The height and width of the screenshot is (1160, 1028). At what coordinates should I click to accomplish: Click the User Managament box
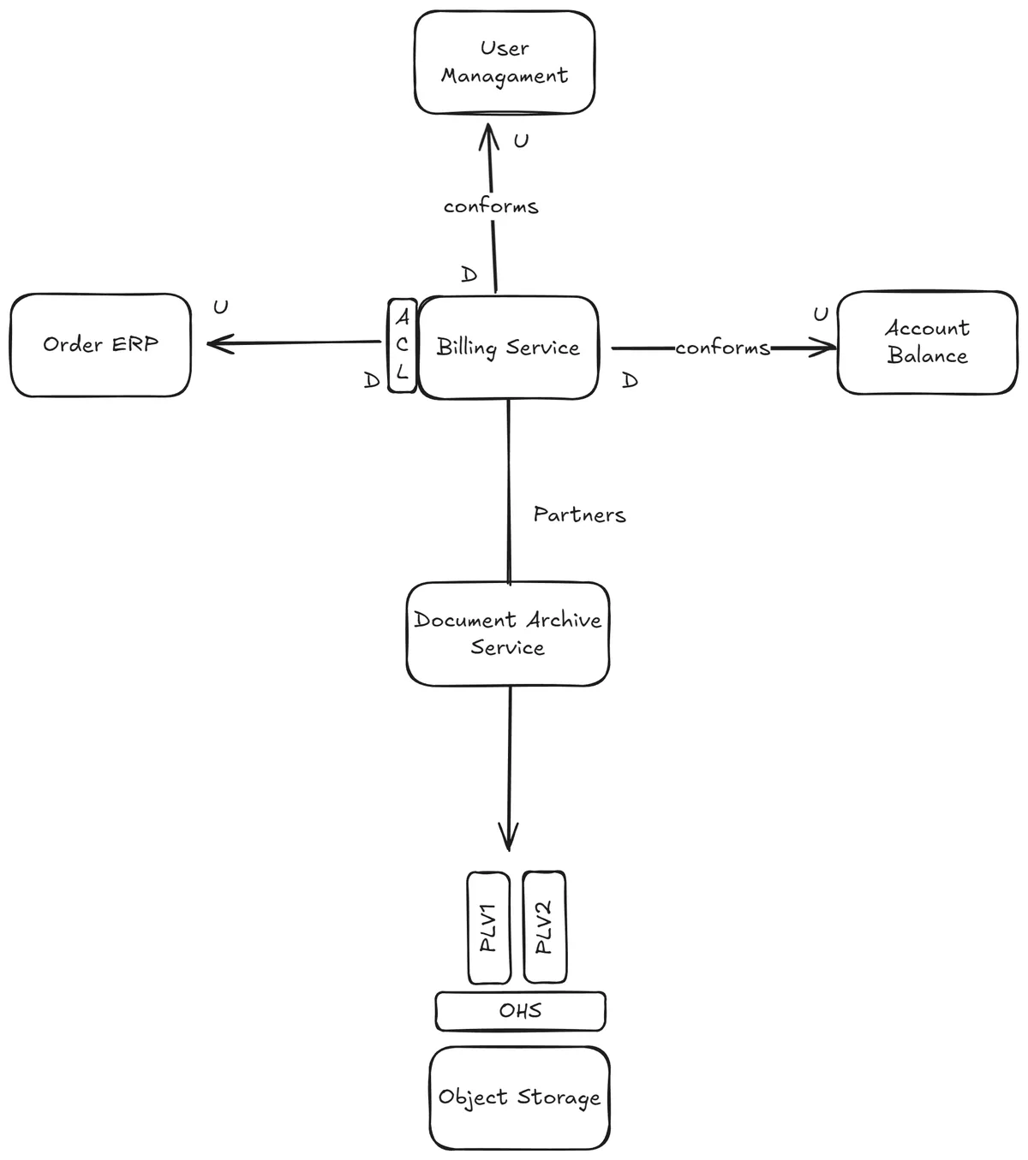click(504, 62)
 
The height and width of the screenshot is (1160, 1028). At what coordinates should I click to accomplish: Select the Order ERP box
click(100, 345)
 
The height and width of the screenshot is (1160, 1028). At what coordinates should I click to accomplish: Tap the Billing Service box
click(508, 348)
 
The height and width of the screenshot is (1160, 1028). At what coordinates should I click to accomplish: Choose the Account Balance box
click(927, 342)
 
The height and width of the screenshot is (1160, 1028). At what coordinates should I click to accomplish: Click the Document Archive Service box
click(507, 634)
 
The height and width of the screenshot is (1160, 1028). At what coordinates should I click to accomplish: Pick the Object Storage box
click(519, 1098)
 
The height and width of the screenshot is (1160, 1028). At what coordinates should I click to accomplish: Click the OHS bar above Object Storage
click(520, 1011)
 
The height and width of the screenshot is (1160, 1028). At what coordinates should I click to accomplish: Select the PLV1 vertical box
click(489, 928)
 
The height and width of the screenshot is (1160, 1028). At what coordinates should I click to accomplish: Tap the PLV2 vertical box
click(544, 927)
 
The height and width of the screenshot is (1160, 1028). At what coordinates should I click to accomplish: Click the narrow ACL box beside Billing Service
click(402, 346)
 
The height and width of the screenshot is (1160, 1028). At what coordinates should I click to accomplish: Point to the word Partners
click(579, 515)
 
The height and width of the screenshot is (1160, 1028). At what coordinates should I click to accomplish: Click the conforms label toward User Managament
click(491, 207)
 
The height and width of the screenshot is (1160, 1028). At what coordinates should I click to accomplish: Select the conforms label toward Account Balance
click(722, 348)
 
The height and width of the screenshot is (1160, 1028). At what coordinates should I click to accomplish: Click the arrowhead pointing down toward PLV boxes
click(509, 844)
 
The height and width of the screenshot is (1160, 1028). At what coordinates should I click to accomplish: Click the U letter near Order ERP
click(221, 307)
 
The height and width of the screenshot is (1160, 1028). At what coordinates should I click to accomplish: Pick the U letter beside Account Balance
click(821, 315)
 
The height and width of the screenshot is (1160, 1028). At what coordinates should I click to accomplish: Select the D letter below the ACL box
click(371, 381)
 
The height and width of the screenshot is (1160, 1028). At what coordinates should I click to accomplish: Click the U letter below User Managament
click(521, 141)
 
